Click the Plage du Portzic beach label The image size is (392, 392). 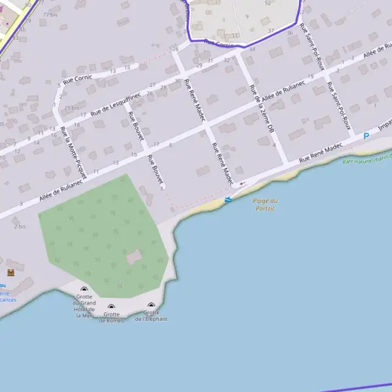(265, 204)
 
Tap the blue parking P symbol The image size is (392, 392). (366, 136)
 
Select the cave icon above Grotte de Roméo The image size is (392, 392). (111, 306)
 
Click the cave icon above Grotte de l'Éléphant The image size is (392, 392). (151, 305)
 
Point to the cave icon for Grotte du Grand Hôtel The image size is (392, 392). (84, 289)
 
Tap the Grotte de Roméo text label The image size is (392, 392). (111, 317)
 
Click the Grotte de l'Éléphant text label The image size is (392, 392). (151, 316)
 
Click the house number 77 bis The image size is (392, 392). (49, 14)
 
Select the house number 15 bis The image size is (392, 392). (71, 108)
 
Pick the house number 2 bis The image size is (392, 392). (20, 226)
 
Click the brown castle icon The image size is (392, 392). (10, 272)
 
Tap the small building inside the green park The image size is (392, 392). (134, 257)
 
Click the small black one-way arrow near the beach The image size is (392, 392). (242, 183)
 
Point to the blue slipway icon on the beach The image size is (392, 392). (227, 199)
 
